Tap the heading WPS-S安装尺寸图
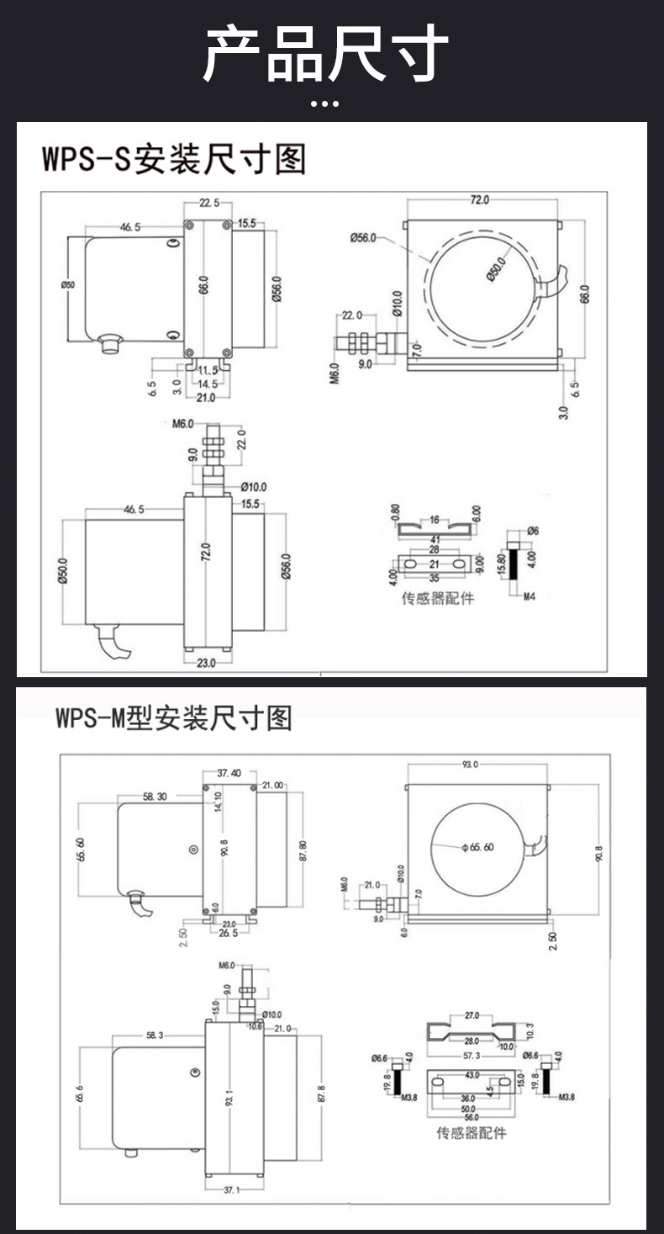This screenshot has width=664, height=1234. tap(174, 159)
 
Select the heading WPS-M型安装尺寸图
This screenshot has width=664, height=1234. tap(174, 718)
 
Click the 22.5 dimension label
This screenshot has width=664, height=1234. tap(209, 202)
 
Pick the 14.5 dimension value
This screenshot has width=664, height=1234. tap(206, 384)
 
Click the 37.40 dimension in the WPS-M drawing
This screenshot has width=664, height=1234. tap(229, 773)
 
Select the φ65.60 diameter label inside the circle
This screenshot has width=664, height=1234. tap(477, 847)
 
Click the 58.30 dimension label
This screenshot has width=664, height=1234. tap(155, 796)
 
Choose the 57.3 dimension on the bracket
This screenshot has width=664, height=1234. tap(472, 1056)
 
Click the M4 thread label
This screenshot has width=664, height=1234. tap(530, 596)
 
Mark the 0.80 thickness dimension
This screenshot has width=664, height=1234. tap(395, 514)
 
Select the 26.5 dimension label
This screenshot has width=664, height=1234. tap(228, 934)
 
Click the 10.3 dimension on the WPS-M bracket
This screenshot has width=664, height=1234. tap(529, 1030)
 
